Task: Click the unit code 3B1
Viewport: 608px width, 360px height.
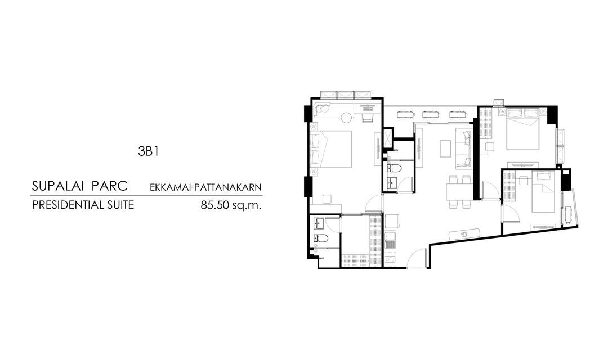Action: [x=148, y=151]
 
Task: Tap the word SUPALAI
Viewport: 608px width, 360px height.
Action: [x=57, y=186]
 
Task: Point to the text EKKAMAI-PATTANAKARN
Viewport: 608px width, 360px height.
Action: [x=205, y=187]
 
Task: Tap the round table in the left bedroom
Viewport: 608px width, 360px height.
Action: [x=347, y=116]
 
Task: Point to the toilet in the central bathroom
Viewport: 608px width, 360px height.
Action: [x=395, y=169]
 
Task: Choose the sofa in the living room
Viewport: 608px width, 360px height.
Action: [x=463, y=148]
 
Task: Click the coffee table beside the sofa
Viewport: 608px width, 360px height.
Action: [x=445, y=148]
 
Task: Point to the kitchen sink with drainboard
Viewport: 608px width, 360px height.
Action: [x=390, y=240]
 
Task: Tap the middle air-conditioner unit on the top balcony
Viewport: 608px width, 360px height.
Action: [x=346, y=95]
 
